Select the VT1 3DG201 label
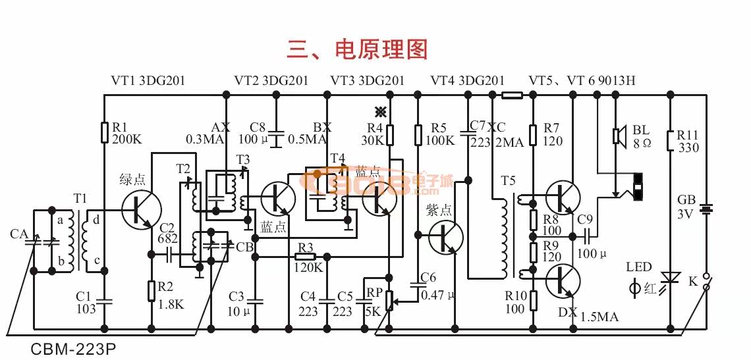(x=148, y=81)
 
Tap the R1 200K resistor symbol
(x=104, y=132)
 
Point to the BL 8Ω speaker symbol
(x=618, y=136)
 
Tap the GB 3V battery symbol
(x=706, y=210)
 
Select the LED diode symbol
(x=670, y=280)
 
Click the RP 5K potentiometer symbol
(x=389, y=300)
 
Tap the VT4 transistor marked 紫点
(x=445, y=236)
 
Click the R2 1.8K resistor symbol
(x=152, y=290)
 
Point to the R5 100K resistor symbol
(x=417, y=135)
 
